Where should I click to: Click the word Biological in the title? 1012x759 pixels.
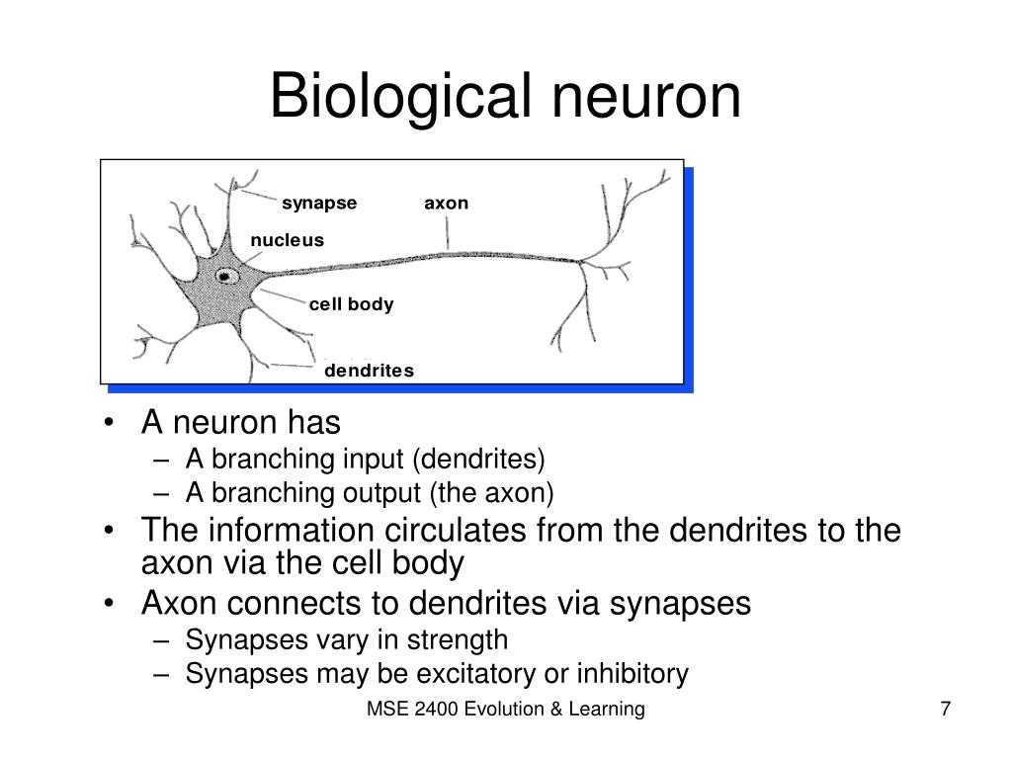[x=400, y=97]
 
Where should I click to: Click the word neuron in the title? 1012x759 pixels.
[x=646, y=98]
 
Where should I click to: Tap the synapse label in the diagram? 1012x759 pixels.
[x=319, y=204]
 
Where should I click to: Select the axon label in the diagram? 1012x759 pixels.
[x=446, y=204]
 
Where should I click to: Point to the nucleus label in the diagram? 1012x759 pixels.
[x=288, y=240]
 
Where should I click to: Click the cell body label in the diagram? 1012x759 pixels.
[x=351, y=304]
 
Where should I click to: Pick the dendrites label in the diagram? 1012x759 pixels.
[x=370, y=371]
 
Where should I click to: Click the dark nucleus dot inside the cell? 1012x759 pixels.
[x=224, y=277]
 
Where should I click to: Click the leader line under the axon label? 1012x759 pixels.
[x=448, y=233]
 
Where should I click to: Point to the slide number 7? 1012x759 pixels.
[x=946, y=709]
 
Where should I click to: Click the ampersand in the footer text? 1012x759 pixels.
[x=556, y=709]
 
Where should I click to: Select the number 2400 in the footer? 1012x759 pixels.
[x=436, y=709]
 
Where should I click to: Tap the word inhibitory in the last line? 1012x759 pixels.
[x=632, y=673]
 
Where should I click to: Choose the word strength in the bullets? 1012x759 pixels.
[x=457, y=640]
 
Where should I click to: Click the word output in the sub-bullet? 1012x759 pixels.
[x=381, y=493]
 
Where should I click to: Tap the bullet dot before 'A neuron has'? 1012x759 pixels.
[x=109, y=423]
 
